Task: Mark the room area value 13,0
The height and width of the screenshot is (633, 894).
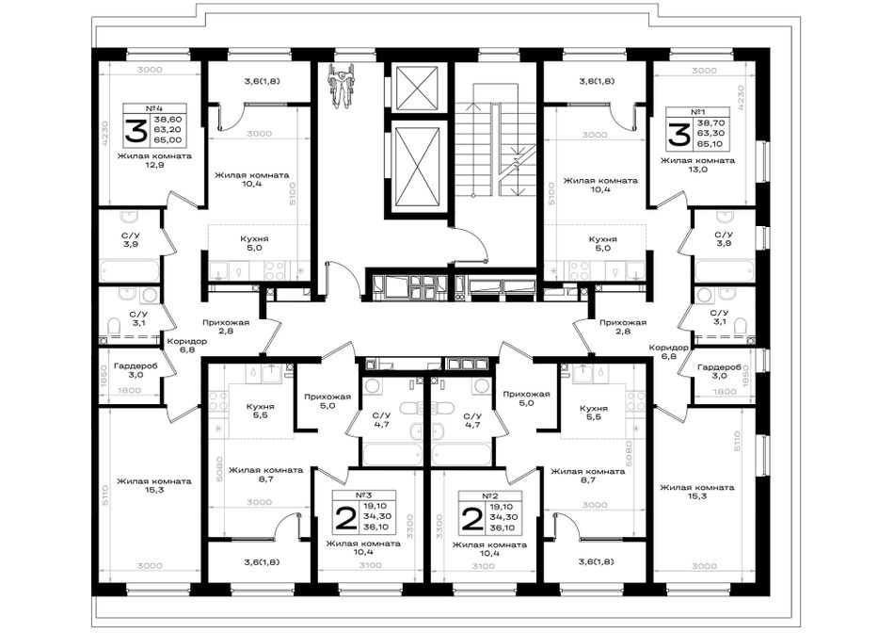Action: pyautogui.click(x=697, y=170)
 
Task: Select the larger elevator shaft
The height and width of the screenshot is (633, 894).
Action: pyautogui.click(x=419, y=166)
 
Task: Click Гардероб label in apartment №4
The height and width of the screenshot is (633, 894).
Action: pyautogui.click(x=136, y=366)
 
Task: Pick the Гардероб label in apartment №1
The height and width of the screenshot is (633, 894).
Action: pyautogui.click(x=719, y=367)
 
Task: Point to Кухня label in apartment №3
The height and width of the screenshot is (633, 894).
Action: pyautogui.click(x=260, y=406)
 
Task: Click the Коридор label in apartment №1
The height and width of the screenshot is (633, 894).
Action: pyautogui.click(x=669, y=347)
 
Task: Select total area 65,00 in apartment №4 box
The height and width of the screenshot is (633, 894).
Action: pyautogui.click(x=168, y=139)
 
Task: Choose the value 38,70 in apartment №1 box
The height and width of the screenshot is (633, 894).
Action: pyautogui.click(x=710, y=123)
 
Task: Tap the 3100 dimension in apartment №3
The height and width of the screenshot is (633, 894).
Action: pyautogui.click(x=370, y=565)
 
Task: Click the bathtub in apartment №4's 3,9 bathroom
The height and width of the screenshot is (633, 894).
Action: pyautogui.click(x=130, y=270)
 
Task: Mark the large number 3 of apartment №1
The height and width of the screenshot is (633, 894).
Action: pyautogui.click(x=678, y=135)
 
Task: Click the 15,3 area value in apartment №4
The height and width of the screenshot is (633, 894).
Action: pyautogui.click(x=154, y=491)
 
